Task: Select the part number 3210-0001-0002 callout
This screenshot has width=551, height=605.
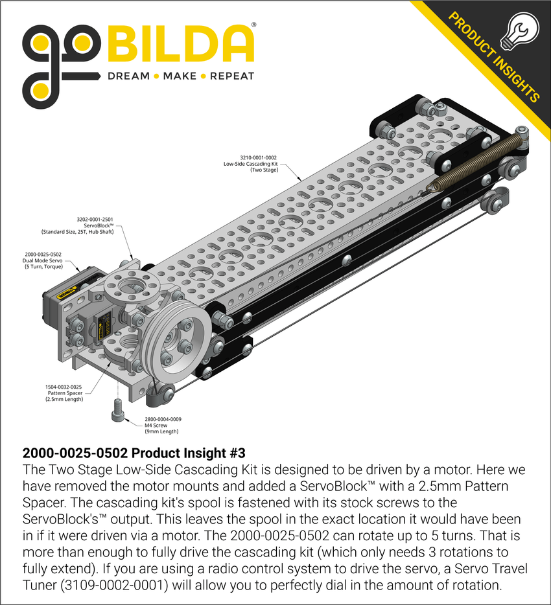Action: [x=258, y=157]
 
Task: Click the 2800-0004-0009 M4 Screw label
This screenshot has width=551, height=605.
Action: [x=158, y=419]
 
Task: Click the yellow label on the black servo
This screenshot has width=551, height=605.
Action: [x=65, y=292]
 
